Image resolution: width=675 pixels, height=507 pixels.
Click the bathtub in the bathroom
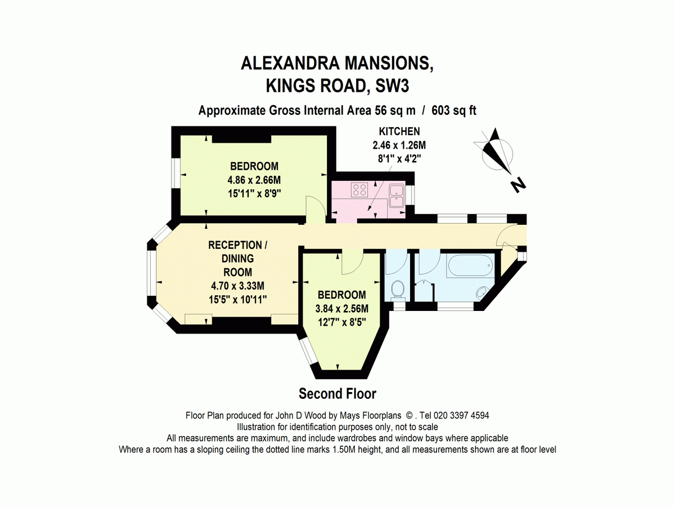(x=470, y=265)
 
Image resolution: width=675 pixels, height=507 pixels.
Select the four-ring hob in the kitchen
(x=359, y=189)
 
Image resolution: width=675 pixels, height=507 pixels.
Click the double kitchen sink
(x=397, y=196)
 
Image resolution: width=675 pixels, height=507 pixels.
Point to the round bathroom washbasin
(x=482, y=293)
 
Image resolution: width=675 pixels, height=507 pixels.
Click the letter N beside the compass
(x=518, y=185)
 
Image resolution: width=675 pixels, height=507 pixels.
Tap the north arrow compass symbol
(x=495, y=152)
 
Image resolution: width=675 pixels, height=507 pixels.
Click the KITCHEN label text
(x=399, y=131)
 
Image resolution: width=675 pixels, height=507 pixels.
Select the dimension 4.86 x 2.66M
(x=254, y=180)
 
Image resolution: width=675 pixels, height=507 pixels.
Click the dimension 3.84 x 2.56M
(x=341, y=309)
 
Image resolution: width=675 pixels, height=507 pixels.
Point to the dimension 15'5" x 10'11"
(x=238, y=300)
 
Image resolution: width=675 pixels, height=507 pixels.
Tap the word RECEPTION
(x=235, y=245)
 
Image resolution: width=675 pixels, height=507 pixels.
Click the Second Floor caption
(x=337, y=394)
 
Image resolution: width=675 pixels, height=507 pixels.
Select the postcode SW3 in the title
(x=392, y=86)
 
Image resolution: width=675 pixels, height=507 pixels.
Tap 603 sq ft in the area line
(x=453, y=110)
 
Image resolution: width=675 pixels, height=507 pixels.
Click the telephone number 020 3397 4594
(x=461, y=416)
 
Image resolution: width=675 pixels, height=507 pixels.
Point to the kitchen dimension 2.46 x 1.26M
(x=399, y=145)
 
